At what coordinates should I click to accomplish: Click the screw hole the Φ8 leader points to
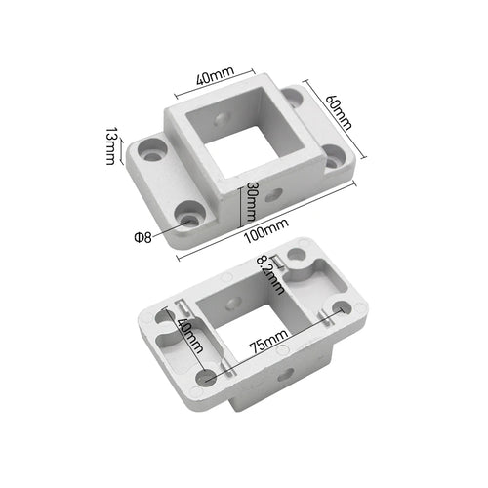(x=187, y=210)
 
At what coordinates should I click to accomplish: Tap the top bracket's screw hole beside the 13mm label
(x=152, y=151)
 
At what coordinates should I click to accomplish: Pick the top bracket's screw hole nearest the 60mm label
(x=332, y=156)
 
